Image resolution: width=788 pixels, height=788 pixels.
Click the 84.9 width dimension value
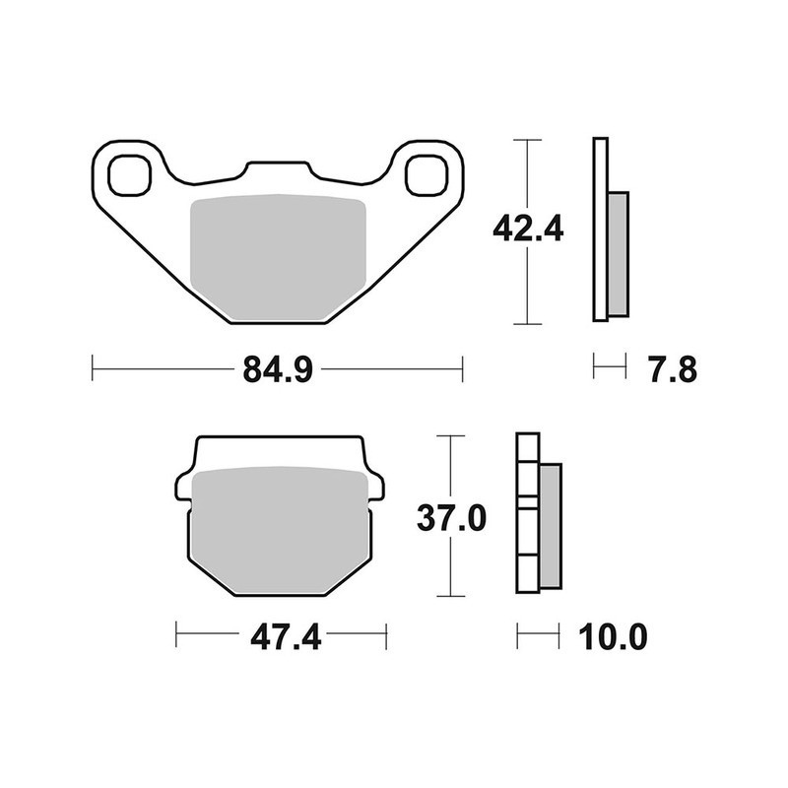pyautogui.click(x=277, y=371)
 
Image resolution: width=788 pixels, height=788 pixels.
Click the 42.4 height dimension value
pyautogui.click(x=528, y=230)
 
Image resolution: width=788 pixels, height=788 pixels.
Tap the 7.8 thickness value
pyautogui.click(x=674, y=371)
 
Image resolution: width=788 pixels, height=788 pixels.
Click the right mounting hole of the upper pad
pyautogui.click(x=427, y=174)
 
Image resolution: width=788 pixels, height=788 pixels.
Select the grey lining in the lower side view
pyautogui.click(x=549, y=527)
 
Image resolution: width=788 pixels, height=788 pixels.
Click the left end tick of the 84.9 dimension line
pyautogui.click(x=92, y=371)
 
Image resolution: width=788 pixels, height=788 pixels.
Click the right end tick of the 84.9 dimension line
pyautogui.click(x=462, y=371)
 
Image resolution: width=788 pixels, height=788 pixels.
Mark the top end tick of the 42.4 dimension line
pyautogui.click(x=529, y=141)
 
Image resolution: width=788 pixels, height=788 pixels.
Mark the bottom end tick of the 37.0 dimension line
pyautogui.click(x=450, y=596)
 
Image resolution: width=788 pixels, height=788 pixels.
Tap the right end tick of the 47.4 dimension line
pyautogui.click(x=386, y=636)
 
